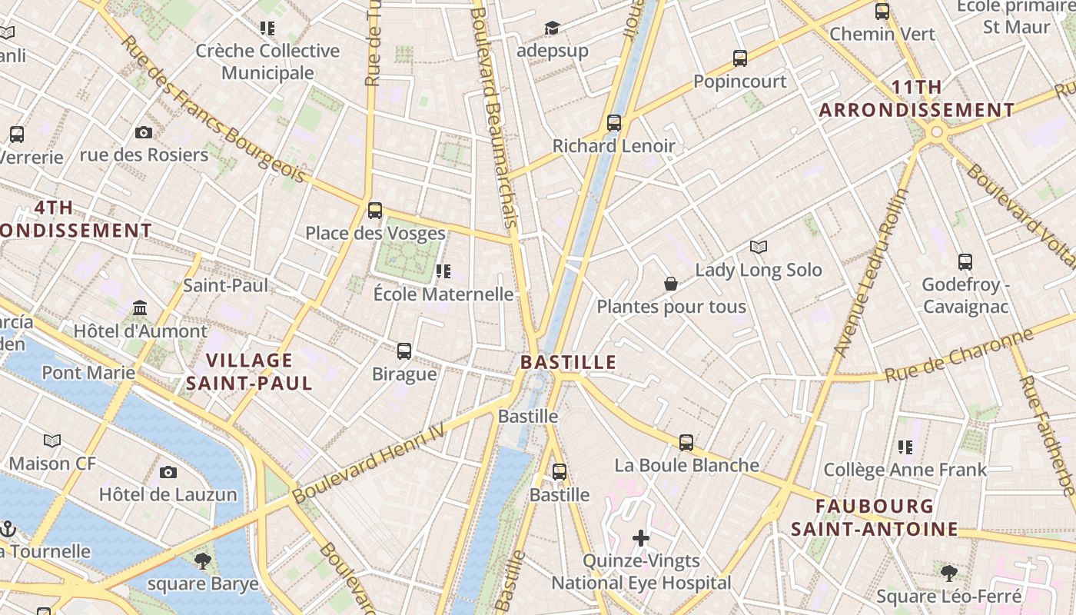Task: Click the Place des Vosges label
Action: coord(375,233)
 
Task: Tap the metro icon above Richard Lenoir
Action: coord(613,122)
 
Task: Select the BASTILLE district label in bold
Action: coord(568,362)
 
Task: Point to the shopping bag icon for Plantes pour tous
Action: coord(671,284)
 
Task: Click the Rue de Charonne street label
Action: coord(958,356)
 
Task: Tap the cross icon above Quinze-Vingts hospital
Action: coord(641,538)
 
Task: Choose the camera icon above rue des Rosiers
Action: coord(144,132)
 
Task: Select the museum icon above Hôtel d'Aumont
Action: coord(140,308)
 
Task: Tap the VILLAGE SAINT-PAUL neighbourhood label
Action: coord(249,371)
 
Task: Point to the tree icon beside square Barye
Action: coord(203,561)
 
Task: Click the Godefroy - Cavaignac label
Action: coord(965,295)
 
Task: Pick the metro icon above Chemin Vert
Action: coord(882,12)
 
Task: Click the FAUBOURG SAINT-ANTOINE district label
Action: coord(875,517)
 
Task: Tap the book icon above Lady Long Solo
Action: coord(759,247)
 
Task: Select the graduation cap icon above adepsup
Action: coord(552,28)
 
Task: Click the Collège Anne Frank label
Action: coord(905,470)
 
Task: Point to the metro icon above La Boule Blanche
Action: coord(686,443)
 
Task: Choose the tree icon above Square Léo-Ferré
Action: coord(949,573)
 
